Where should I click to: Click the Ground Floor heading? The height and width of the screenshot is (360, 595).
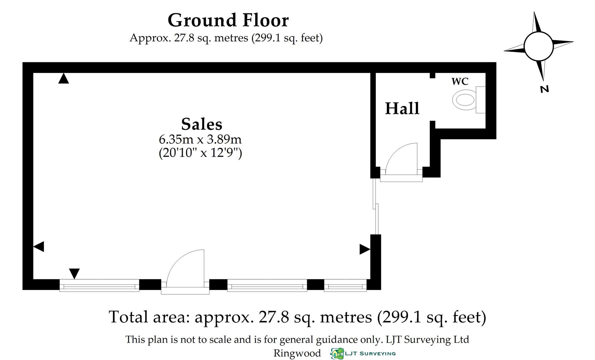click(228, 20)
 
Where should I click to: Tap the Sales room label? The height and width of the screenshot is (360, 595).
click(201, 124)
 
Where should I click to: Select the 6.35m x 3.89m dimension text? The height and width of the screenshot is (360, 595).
click(200, 139)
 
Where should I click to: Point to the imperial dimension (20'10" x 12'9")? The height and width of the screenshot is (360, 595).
click(200, 153)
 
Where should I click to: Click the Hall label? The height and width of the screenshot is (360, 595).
click(402, 109)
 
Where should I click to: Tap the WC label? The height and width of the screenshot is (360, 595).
click(460, 81)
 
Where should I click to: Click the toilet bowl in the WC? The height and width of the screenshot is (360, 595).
click(464, 99)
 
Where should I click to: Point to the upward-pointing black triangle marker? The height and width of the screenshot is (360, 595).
click(63, 79)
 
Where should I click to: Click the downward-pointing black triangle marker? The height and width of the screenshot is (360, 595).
click(74, 273)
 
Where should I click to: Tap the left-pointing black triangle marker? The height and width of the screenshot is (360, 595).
click(39, 247)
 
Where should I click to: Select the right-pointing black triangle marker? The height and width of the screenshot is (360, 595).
click(365, 249)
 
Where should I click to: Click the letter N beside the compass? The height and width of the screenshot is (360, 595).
click(544, 89)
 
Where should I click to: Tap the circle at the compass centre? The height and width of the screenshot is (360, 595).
click(538, 46)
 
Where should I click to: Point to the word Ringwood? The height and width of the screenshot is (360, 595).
click(297, 353)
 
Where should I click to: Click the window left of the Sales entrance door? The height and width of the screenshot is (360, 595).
click(99, 286)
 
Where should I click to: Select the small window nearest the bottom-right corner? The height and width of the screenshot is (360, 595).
click(345, 286)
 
